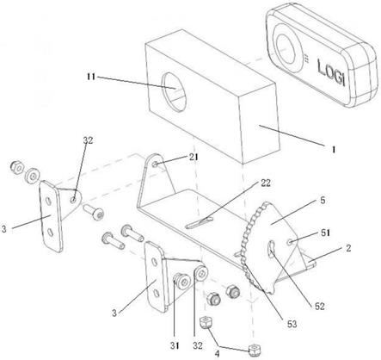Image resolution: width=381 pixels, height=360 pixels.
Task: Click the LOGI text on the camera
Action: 330,71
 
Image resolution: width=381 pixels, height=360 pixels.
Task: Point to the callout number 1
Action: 333,149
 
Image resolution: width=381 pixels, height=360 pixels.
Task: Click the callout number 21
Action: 194,157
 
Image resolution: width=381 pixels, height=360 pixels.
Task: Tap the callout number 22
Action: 266,183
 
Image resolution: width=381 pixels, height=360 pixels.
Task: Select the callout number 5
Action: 323,200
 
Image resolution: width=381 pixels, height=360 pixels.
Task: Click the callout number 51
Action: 325,233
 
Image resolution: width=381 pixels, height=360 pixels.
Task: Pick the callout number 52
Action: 319,307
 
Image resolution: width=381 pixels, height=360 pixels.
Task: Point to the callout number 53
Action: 292,324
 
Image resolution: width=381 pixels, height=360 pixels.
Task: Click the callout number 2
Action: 348,248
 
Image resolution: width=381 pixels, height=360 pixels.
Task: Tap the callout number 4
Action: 217,353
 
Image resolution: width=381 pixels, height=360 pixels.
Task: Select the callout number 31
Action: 175,345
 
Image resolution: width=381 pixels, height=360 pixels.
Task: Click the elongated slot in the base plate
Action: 200,223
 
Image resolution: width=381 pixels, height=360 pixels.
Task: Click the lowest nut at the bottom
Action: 252,350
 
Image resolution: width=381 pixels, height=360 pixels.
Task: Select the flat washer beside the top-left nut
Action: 33,176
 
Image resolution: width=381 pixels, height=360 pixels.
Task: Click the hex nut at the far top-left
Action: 17,168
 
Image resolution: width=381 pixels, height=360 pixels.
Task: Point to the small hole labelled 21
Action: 155,164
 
